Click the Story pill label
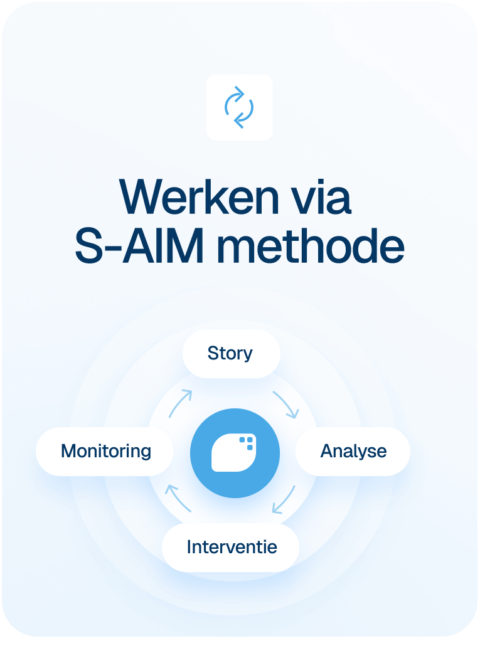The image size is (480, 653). point(230,353)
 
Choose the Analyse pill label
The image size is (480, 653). point(353,451)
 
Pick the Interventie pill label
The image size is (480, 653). point(232,546)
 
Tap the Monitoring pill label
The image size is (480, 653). point(106,451)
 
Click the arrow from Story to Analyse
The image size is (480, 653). point(285,405)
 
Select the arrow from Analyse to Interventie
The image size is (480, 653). point(284,499)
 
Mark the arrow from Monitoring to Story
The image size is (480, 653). point(179,403)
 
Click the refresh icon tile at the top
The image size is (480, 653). point(239,107)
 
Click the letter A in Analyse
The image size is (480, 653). point(326,451)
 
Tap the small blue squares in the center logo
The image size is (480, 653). point(247,443)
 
